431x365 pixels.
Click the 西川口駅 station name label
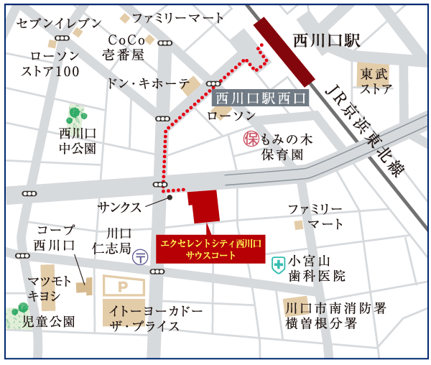coord(326,41)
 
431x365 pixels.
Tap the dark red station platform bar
coord(286,52)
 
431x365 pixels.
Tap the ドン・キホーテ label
coord(148,83)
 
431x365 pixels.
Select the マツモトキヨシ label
coord(50,287)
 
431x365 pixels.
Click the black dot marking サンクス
coord(170,197)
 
